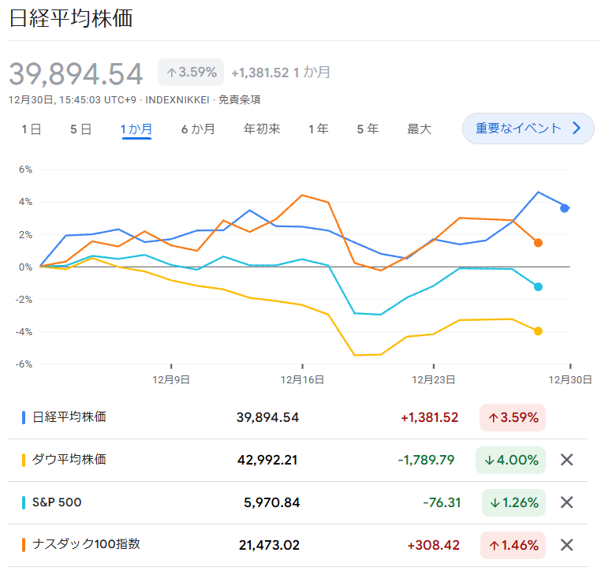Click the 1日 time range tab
point(31,129)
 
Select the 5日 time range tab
point(80,129)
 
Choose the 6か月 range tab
point(198,129)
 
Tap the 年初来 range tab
point(262,129)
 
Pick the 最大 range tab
point(419,129)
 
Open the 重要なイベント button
point(528,129)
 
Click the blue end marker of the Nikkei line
point(564,208)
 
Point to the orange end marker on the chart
point(538,243)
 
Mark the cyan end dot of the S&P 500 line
point(538,286)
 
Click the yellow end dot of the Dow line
point(538,331)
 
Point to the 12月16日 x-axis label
point(302,380)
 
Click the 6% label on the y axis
point(25,170)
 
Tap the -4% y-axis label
point(24,332)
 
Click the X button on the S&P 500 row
point(566,502)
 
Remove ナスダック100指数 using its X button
point(566,544)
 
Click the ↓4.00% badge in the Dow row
point(510,460)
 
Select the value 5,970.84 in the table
point(272,502)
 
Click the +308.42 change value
point(433,545)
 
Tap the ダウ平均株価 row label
point(69,459)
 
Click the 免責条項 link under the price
point(239,100)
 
